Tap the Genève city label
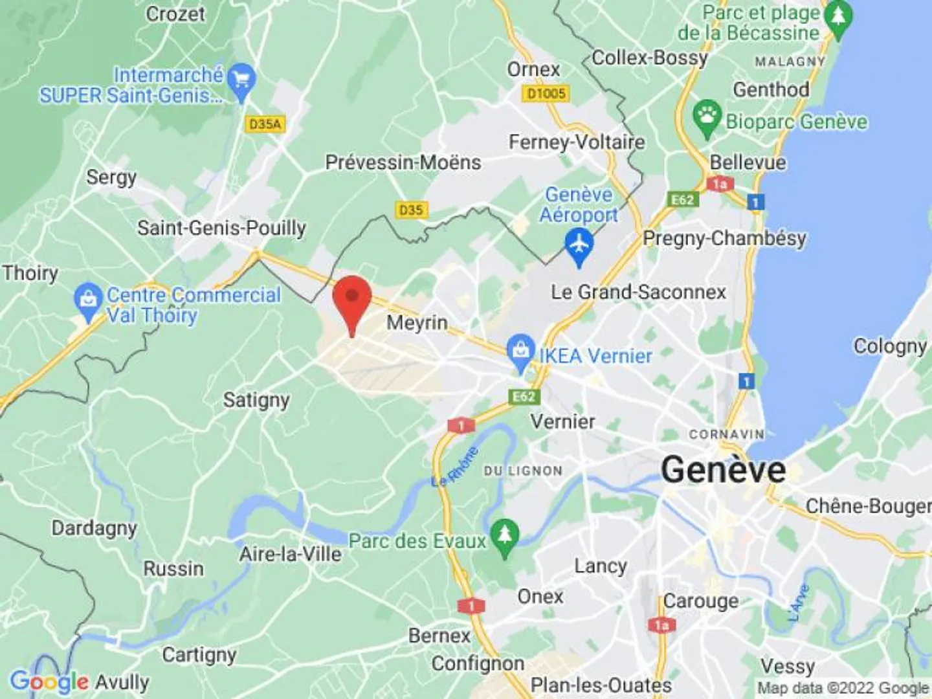(x=723, y=469)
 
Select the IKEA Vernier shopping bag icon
(x=520, y=351)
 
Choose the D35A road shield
(x=265, y=124)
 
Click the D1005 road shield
(x=546, y=94)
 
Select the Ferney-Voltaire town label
(x=577, y=142)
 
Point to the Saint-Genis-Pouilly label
(x=221, y=228)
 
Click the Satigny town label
(x=256, y=400)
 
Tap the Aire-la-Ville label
(x=291, y=554)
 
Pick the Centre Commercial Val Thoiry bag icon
(x=88, y=299)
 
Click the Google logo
(x=49, y=682)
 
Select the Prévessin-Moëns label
(x=403, y=162)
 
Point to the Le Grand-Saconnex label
(x=638, y=292)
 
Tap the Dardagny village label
(x=94, y=527)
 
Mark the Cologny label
(x=890, y=346)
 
